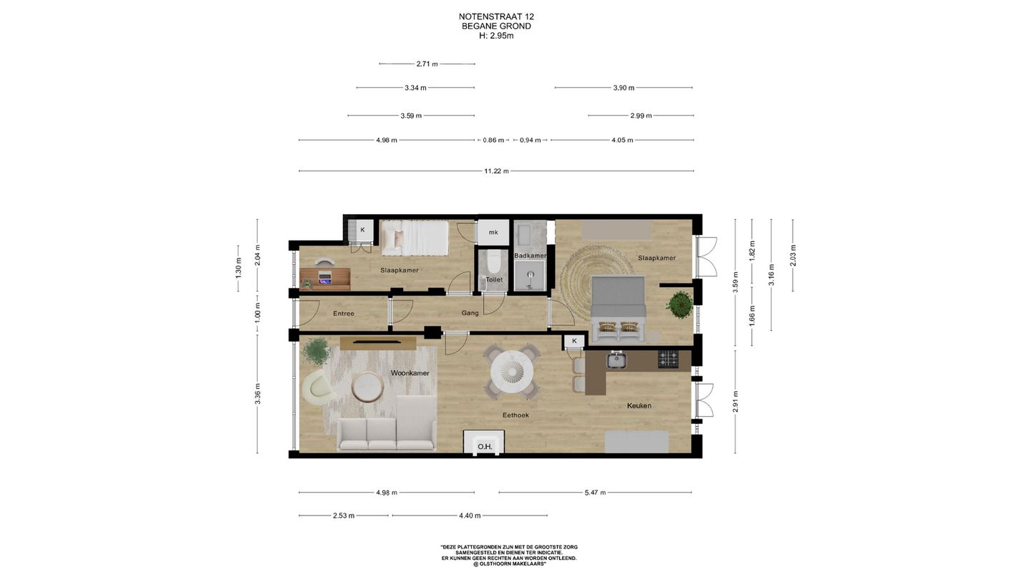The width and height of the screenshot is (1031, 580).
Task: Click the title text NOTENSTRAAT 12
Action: (x=496, y=16)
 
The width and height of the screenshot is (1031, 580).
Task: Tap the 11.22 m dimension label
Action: (x=496, y=171)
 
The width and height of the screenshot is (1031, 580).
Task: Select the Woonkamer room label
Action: (x=410, y=373)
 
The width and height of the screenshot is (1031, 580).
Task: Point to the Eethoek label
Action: (x=515, y=415)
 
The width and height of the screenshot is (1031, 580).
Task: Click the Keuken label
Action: (x=639, y=405)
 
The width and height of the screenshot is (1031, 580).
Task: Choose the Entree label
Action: (x=344, y=314)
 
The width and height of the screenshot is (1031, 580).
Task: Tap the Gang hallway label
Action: (x=470, y=313)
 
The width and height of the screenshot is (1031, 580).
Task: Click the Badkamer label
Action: (x=530, y=256)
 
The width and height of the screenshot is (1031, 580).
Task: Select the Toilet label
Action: (x=494, y=279)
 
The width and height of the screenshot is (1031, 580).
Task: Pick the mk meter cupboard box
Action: (x=493, y=233)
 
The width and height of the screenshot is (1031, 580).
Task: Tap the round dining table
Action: (x=512, y=372)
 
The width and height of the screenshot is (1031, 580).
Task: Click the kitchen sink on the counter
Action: (x=616, y=360)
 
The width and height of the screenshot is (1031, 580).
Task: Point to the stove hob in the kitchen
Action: (x=668, y=359)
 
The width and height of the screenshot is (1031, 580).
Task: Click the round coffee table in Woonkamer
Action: (x=367, y=387)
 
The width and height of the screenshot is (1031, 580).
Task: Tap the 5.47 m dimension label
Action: (x=595, y=493)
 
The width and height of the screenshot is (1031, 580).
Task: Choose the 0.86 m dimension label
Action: (x=493, y=140)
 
